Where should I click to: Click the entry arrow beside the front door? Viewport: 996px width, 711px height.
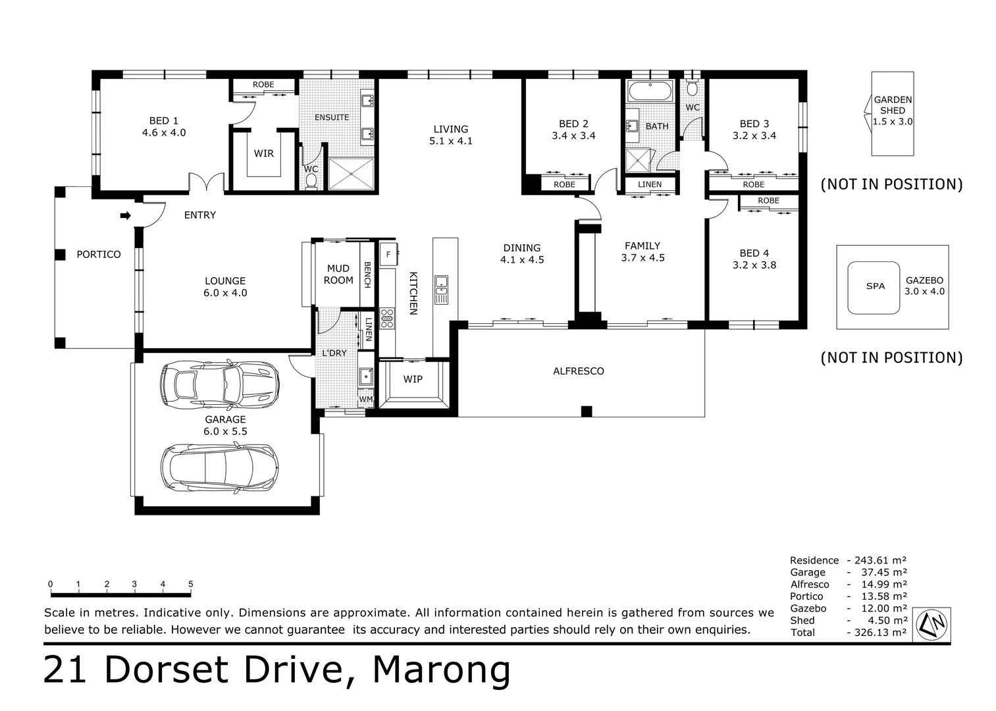tap(126, 216)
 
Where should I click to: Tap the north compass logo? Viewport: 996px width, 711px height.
tap(931, 625)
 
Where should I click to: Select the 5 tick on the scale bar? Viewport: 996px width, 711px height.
tap(191, 585)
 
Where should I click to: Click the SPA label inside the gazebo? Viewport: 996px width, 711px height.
tap(876, 286)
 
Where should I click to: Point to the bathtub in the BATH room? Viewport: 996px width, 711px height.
tap(650, 92)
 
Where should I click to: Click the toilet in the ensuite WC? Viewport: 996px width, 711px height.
tap(311, 182)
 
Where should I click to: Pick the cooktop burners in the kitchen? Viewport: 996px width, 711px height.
tap(387, 319)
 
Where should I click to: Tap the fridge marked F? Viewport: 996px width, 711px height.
tap(388, 254)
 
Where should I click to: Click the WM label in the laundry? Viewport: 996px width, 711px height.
tap(365, 400)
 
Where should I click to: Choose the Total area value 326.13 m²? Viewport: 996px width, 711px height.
tap(880, 632)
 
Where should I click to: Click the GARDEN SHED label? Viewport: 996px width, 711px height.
tap(893, 105)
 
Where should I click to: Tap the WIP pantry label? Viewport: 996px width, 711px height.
tap(413, 379)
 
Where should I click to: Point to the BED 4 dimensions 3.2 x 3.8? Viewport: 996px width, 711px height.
tap(754, 265)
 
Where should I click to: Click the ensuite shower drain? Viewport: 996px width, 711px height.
tap(352, 173)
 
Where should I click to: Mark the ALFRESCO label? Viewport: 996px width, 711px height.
tap(579, 371)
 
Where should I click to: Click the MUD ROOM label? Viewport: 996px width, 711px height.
tap(338, 275)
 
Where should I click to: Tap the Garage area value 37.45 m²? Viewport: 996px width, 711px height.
tap(884, 572)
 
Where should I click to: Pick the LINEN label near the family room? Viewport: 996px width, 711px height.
tap(650, 184)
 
